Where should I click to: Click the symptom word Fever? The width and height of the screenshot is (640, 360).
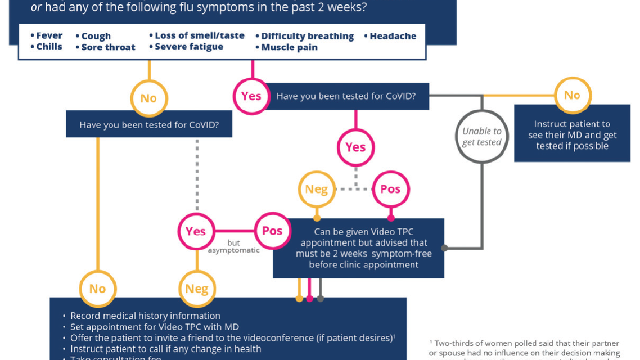pyautogui.click(x=49, y=35)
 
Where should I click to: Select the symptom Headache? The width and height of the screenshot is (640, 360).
pyautogui.click(x=393, y=36)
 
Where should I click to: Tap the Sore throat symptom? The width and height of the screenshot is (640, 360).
pyautogui.click(x=108, y=47)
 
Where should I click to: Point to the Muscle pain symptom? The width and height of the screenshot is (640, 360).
pyautogui.click(x=289, y=47)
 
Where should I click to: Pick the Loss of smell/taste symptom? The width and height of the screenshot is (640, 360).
pyautogui.click(x=199, y=35)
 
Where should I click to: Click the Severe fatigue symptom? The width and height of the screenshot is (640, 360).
pyautogui.click(x=189, y=47)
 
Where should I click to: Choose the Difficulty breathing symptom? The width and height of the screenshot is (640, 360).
pyautogui.click(x=307, y=36)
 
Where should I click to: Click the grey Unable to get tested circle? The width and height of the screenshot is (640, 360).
pyautogui.click(x=481, y=136)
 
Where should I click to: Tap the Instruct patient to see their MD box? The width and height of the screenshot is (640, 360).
pyautogui.click(x=572, y=134)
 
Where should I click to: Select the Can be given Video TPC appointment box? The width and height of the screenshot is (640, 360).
pyautogui.click(x=358, y=248)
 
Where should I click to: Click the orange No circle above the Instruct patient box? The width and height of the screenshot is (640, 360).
pyautogui.click(x=572, y=96)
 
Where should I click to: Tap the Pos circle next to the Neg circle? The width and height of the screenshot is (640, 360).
pyautogui.click(x=390, y=189)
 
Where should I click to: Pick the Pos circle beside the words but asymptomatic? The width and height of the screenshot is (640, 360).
pyautogui.click(x=272, y=231)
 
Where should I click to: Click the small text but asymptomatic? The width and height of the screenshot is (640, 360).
pyautogui.click(x=234, y=246)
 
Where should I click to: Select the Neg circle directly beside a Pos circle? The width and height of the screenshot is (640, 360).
pyautogui.click(x=316, y=189)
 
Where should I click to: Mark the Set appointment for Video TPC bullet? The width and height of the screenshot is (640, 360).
pyautogui.click(x=154, y=327)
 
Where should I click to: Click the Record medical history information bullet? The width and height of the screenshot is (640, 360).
pyautogui.click(x=145, y=316)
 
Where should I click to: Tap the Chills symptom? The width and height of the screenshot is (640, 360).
pyautogui.click(x=49, y=47)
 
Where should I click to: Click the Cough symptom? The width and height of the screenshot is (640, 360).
pyautogui.click(x=96, y=36)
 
